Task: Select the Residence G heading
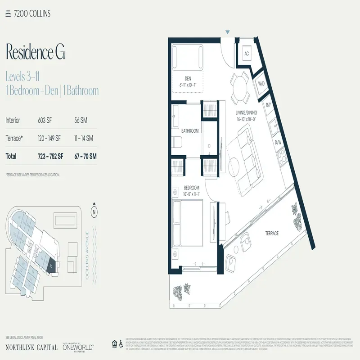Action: pos(36,52)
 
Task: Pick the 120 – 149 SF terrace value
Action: pos(50,138)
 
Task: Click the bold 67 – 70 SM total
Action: pos(85,156)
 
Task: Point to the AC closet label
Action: pos(247,53)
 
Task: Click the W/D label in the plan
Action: pos(261,84)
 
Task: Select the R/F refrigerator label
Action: pos(268,105)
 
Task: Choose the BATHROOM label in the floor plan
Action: pos(190,131)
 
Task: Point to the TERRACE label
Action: pos(271,234)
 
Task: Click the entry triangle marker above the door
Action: pos(228,32)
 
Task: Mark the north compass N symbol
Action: pos(94,211)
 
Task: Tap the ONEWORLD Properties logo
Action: pos(79,347)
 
